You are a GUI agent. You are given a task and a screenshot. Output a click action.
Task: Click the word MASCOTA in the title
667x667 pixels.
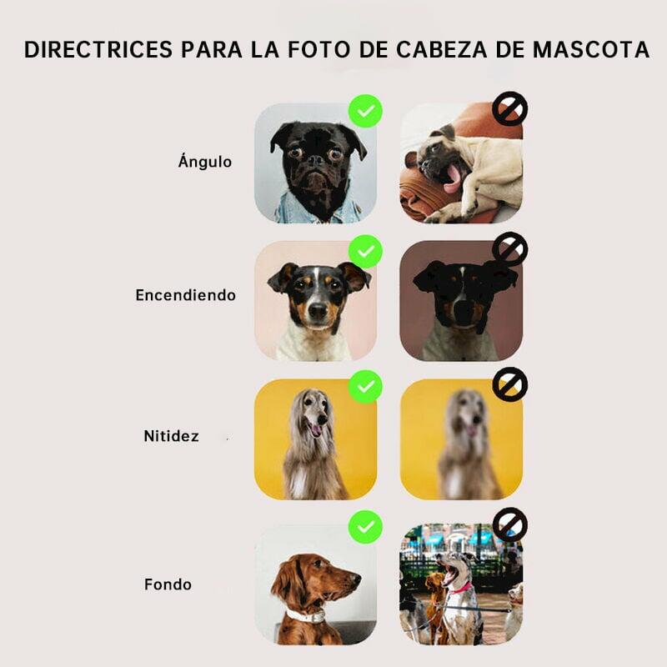pyautogui.click(x=591, y=49)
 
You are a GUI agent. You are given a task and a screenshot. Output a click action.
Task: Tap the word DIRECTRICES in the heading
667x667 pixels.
pyautogui.click(x=98, y=49)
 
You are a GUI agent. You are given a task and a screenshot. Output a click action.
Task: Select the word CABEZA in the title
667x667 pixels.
pyautogui.click(x=442, y=49)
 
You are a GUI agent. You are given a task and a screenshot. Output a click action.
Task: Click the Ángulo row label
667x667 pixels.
pyautogui.click(x=205, y=161)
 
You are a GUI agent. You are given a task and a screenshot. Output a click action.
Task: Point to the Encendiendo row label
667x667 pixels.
pyautogui.click(x=185, y=295)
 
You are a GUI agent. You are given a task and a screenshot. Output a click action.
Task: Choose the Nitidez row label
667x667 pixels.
pyautogui.click(x=172, y=436)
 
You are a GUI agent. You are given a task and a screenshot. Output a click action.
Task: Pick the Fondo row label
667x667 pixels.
pyautogui.click(x=168, y=584)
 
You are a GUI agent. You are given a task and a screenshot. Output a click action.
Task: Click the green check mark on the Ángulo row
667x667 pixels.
pyautogui.click(x=365, y=111)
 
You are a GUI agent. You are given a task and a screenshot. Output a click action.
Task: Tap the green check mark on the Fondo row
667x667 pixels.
pyautogui.click(x=365, y=527)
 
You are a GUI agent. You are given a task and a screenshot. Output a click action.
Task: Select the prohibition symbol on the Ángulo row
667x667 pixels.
pyautogui.click(x=510, y=109)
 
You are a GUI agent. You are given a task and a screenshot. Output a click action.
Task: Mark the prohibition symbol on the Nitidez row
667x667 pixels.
pyautogui.click(x=510, y=384)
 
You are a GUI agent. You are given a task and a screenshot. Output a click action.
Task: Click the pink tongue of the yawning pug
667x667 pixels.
pyautogui.click(x=451, y=178)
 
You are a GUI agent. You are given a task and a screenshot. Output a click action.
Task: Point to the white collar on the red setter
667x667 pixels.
pyautogui.click(x=305, y=615)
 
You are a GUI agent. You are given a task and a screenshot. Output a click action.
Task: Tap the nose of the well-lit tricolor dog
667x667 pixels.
pyautogui.click(x=318, y=311)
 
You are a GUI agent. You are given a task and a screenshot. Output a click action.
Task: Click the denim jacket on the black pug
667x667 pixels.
pyautogui.click(x=318, y=208)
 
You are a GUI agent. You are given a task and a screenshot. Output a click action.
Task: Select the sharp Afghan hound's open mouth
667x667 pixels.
pyautogui.click(x=315, y=428)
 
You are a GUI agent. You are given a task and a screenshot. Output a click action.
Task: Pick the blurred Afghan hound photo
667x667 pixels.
pyautogui.click(x=461, y=439)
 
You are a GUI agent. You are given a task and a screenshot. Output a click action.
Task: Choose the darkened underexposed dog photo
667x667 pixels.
pyautogui.click(x=461, y=301)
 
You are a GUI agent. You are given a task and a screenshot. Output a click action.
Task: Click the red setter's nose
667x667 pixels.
pyautogui.click(x=357, y=579)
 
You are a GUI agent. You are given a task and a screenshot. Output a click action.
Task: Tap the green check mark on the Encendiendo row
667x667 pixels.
pyautogui.click(x=365, y=252)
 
